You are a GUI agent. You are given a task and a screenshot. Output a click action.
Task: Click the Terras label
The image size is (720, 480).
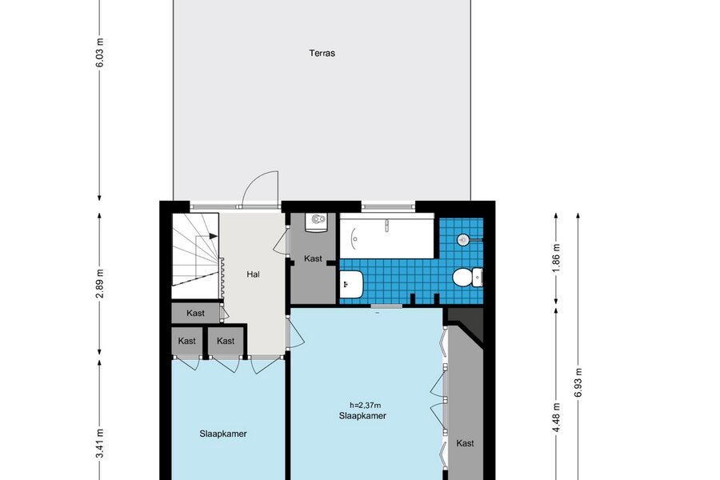(322, 53)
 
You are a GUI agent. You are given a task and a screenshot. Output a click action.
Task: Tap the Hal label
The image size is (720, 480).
(253, 274)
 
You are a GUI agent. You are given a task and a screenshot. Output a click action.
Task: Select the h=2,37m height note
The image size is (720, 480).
(366, 405)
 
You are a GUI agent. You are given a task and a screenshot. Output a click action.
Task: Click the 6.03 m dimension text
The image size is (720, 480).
(100, 53)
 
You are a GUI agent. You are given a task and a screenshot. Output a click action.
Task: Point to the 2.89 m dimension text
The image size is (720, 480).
(100, 283)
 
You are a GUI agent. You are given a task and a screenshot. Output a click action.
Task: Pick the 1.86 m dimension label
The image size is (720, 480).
(556, 258)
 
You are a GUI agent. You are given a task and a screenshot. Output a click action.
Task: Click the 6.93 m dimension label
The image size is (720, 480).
(578, 382)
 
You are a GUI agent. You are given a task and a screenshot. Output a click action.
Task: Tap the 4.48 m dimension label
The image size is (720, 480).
(556, 417)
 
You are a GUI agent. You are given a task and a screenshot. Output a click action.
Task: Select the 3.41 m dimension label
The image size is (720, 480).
(100, 443)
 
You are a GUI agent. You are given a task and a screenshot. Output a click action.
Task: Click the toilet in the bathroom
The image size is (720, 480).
(467, 278)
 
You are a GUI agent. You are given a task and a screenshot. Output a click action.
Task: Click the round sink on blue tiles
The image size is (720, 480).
(463, 239)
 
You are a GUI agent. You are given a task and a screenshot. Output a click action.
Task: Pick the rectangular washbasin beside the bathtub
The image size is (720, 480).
(352, 284)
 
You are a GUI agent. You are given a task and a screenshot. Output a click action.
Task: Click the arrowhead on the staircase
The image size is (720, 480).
(214, 236)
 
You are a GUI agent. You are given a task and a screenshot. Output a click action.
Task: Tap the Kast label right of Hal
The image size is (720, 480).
(313, 258)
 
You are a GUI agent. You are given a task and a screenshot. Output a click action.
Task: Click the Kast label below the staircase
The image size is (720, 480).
(196, 314)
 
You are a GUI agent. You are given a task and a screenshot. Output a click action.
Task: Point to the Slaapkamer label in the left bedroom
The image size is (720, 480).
(223, 434)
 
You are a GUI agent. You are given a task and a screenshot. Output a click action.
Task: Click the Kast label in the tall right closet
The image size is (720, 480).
(465, 443)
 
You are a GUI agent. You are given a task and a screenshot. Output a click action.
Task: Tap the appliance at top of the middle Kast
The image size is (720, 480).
(317, 222)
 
